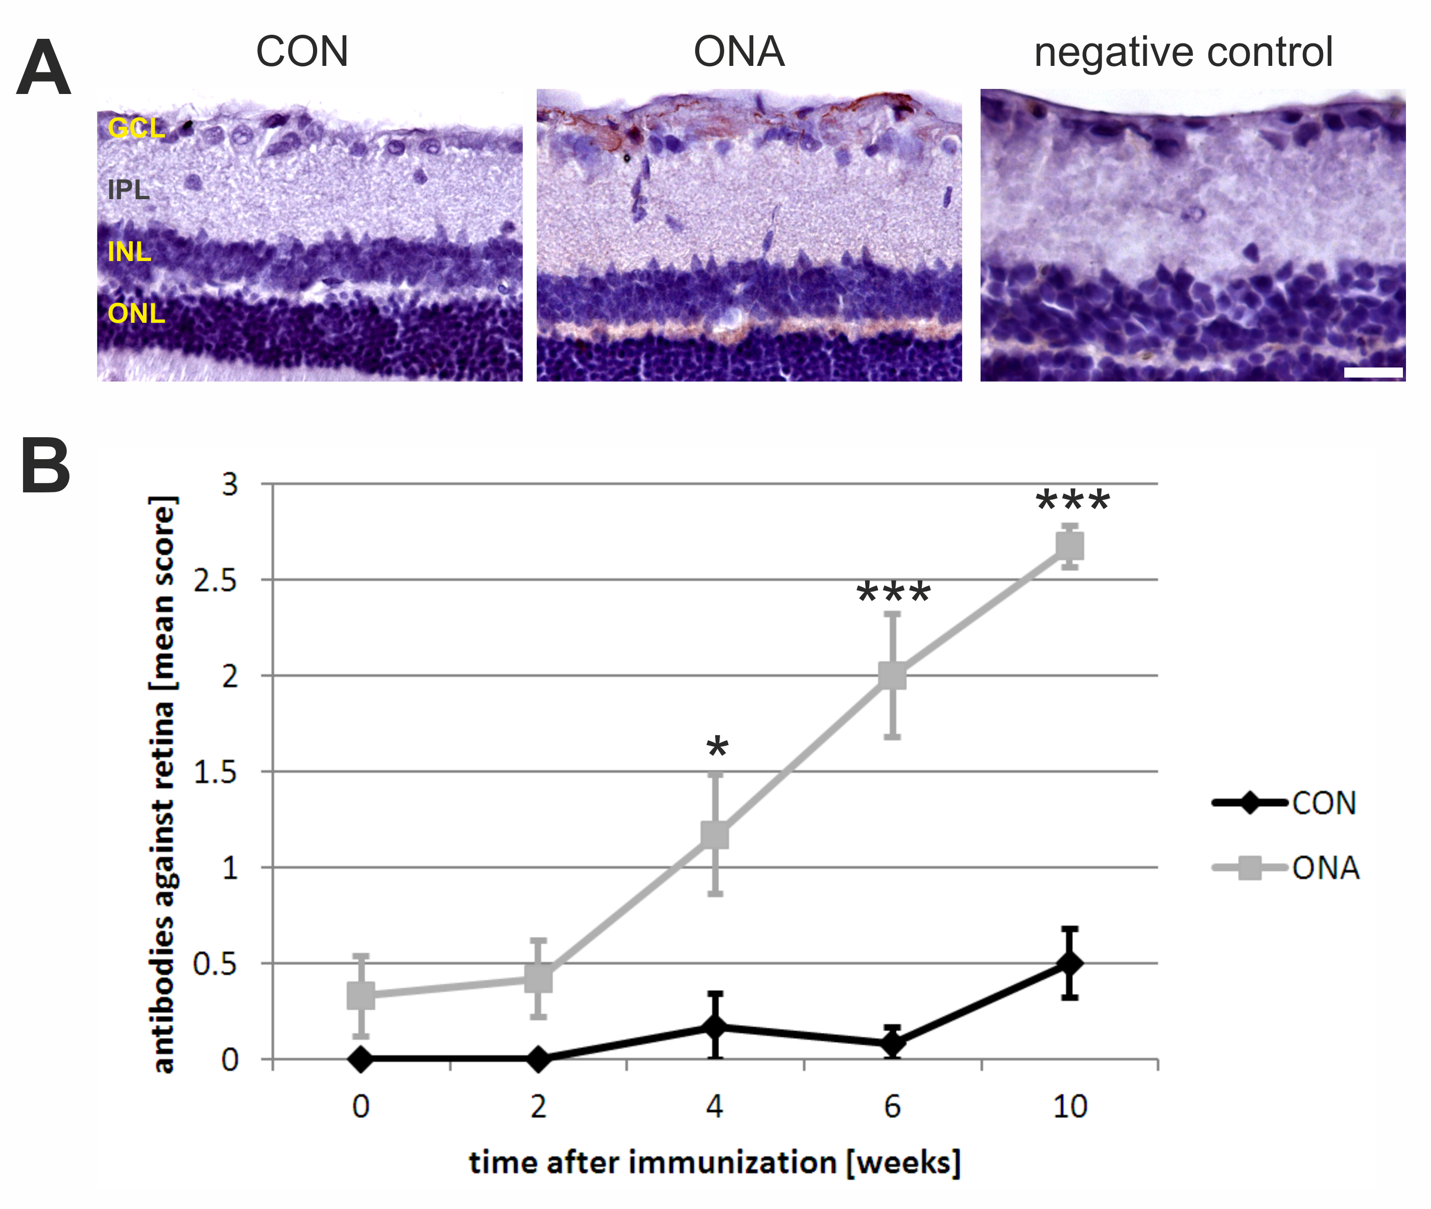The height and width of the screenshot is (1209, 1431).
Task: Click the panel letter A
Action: pyautogui.click(x=43, y=68)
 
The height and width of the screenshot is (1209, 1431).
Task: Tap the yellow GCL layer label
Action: pyautogui.click(x=136, y=128)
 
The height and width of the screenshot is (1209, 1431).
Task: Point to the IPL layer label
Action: pyautogui.click(x=128, y=189)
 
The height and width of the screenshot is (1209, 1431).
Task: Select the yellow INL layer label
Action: pyautogui.click(x=129, y=251)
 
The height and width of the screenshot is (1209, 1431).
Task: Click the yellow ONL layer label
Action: pyautogui.click(x=136, y=313)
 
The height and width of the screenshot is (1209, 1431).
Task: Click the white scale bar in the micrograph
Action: pyautogui.click(x=1373, y=373)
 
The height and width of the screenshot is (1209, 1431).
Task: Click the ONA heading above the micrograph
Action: pyautogui.click(x=739, y=52)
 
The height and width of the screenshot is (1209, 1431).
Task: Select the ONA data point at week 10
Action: pyautogui.click(x=1069, y=546)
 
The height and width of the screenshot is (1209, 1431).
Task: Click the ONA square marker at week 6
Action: pyautogui.click(x=892, y=676)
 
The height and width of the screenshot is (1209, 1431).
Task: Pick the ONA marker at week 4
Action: pyautogui.click(x=715, y=835)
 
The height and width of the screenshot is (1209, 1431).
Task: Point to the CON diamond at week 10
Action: pyautogui.click(x=1069, y=963)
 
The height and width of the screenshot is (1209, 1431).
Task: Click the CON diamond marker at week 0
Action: pyautogui.click(x=361, y=1059)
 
